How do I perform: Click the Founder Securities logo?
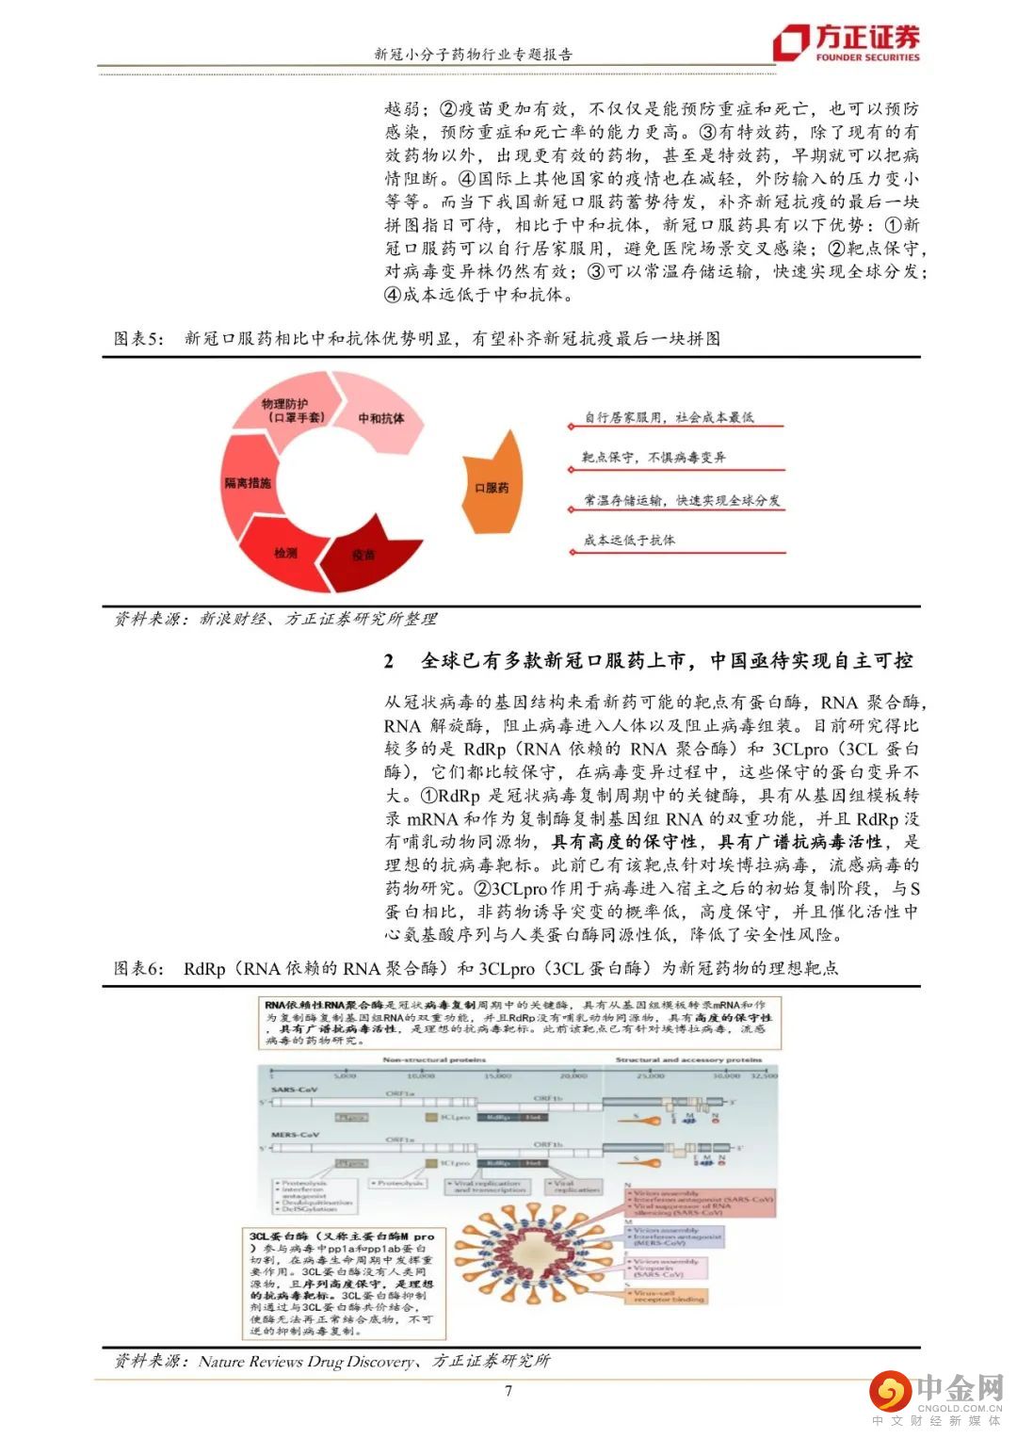(x=846, y=42)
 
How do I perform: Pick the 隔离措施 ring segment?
(x=247, y=482)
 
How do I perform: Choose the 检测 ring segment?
(x=285, y=553)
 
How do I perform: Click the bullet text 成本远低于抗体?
(x=629, y=541)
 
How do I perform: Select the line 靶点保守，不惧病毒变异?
(x=654, y=458)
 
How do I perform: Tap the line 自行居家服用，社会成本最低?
(x=669, y=417)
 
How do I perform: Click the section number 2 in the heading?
(x=389, y=661)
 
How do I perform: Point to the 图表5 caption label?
(x=138, y=338)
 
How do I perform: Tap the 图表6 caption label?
(x=138, y=967)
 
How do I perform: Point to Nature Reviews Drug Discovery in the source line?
(x=306, y=1361)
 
